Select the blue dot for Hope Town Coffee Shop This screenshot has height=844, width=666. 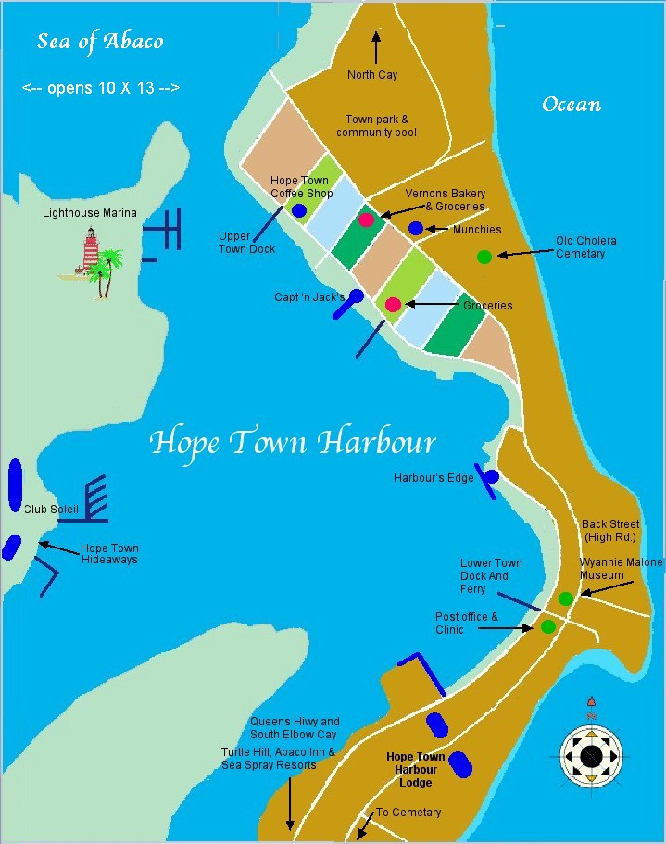coord(299,211)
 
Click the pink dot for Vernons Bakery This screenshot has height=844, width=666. coord(367,220)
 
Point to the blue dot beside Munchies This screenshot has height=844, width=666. coord(416,228)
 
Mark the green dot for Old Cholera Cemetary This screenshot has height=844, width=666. coord(484,257)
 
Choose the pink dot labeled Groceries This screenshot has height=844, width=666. coord(393,305)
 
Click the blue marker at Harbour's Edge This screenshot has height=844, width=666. coord(492,476)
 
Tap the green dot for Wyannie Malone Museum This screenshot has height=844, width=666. coord(566,598)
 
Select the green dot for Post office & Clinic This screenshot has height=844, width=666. coord(547,626)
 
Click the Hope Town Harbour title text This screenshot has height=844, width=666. coord(293,442)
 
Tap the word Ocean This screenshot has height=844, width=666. coord(572,104)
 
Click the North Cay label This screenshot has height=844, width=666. coord(372,75)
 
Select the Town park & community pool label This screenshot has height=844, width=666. coord(376,126)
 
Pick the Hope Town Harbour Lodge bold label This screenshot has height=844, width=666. coord(416,770)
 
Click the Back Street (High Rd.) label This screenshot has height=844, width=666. coord(610,531)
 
